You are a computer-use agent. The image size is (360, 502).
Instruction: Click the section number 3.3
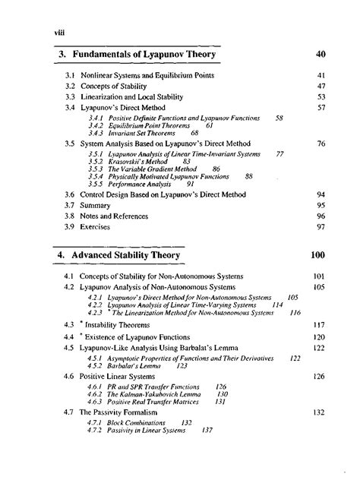coord(68,97)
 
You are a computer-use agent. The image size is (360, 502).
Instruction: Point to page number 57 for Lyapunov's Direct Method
coord(321,108)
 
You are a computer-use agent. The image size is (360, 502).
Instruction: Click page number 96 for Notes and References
coord(321,216)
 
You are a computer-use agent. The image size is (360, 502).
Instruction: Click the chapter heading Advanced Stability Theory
coord(136,256)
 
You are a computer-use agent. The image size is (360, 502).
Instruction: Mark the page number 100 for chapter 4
coord(319,256)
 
